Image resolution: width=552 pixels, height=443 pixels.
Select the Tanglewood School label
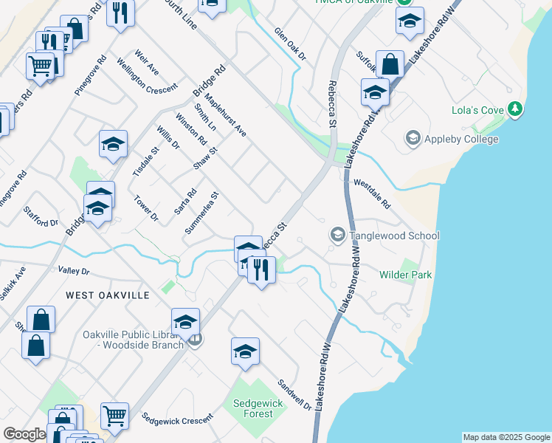pyautogui.click(x=394, y=236)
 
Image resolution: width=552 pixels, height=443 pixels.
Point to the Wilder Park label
pyautogui.click(x=405, y=275)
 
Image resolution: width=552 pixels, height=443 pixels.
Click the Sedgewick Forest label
pyautogui.click(x=253, y=408)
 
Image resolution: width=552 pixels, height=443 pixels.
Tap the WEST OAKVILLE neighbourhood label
pyautogui.click(x=107, y=295)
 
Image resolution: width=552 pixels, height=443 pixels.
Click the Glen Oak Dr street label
pyautogui.click(x=289, y=44)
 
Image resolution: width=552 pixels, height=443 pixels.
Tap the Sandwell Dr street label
pyautogui.click(x=294, y=395)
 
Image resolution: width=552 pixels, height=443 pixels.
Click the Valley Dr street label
pyautogui.click(x=75, y=272)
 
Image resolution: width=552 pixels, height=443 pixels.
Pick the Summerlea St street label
pyautogui.click(x=203, y=214)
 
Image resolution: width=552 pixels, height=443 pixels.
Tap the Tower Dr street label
pyautogui.click(x=146, y=208)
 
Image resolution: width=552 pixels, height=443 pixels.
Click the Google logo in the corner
pyautogui.click(x=24, y=434)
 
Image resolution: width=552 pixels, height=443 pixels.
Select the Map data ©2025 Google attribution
pyautogui.click(x=506, y=437)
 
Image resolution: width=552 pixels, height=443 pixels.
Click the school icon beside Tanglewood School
pyautogui.click(x=338, y=236)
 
